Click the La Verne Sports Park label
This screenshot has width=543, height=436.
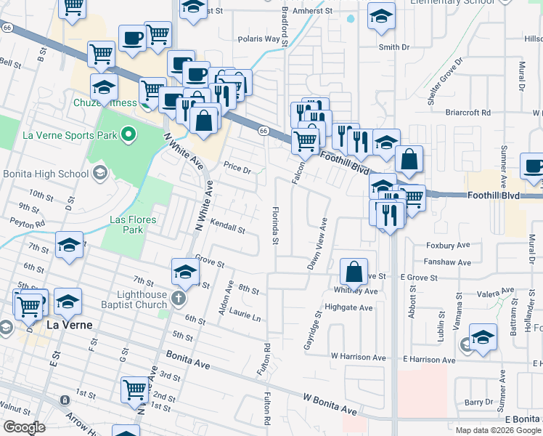pos(70,134)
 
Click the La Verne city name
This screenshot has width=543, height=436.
pos(70,325)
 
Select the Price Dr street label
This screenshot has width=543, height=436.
pos(237,170)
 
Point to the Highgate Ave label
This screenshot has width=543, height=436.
pos(350,308)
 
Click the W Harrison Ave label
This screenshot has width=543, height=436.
pos(359,358)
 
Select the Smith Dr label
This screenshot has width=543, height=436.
pos(394,47)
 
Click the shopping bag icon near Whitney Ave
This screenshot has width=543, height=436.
pos(354,272)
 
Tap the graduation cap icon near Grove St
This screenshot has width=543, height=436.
pos(185,272)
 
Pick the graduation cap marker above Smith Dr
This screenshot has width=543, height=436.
pos(381,17)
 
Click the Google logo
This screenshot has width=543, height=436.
pos(24,427)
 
